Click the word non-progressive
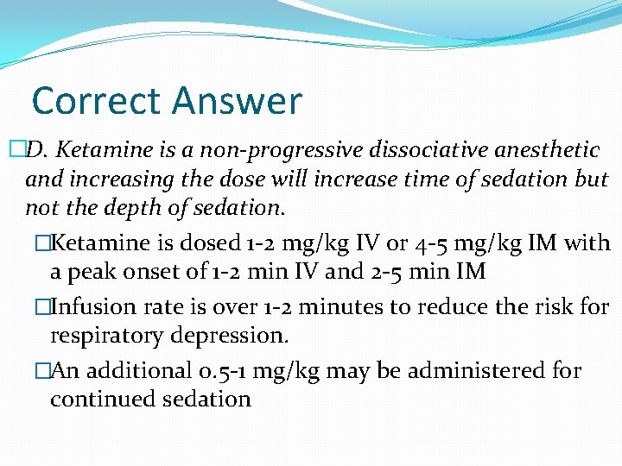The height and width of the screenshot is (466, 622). pyautogui.click(x=289, y=150)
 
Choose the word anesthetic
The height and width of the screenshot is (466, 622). pyautogui.click(x=547, y=150)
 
